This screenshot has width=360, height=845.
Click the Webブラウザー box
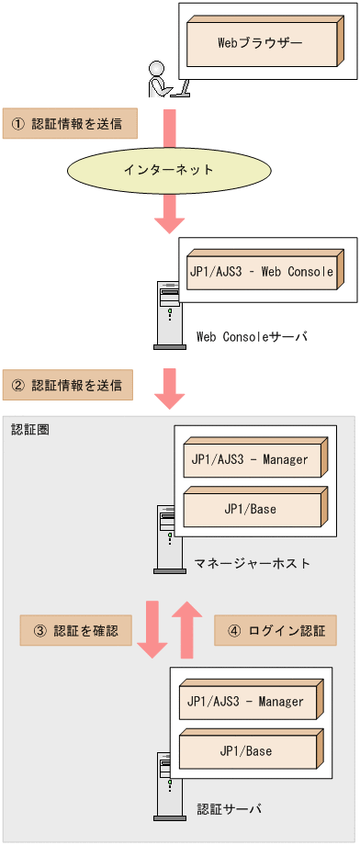pos(259,43)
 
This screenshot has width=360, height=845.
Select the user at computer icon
pos(166,79)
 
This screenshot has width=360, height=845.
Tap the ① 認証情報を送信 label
pos(70,123)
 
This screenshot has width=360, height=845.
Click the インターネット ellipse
pos(168,170)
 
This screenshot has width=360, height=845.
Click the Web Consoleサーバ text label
pos(253,337)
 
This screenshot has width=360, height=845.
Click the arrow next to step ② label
pos(169,388)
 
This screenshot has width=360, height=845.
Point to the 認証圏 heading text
pos(30,429)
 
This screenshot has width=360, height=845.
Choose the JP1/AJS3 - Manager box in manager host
pos(252,460)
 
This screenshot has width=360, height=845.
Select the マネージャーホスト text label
pos(253,562)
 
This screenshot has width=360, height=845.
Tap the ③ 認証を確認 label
pos(75,631)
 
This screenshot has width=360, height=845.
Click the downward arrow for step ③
pos(152,630)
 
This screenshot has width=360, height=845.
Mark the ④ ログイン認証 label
pos(275,631)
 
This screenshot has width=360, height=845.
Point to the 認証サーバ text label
pos(230,808)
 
